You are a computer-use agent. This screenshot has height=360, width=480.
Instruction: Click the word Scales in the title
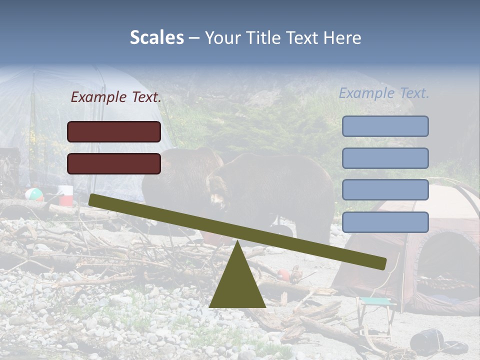coord(156,37)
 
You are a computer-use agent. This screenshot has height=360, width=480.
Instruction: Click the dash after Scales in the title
coord(194,38)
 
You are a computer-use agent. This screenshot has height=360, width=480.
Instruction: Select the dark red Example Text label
coord(116,97)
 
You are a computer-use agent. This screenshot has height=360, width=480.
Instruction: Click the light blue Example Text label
coord(384,93)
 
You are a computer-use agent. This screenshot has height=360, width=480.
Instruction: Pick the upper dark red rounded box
coord(114,131)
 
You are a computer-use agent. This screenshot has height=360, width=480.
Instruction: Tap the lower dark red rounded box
coord(114,163)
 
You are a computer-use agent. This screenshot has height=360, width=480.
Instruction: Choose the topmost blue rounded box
coord(385,126)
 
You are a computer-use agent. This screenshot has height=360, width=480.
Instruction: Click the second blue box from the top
coord(385,158)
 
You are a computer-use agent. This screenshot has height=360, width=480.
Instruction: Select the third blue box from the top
coord(385,190)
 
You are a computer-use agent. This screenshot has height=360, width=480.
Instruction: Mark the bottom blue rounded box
coord(385,222)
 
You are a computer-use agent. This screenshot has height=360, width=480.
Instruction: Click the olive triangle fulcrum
coord(237,285)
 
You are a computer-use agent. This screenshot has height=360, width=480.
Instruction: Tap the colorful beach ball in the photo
coord(34,194)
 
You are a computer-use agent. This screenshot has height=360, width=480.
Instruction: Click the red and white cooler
coord(65,195)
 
